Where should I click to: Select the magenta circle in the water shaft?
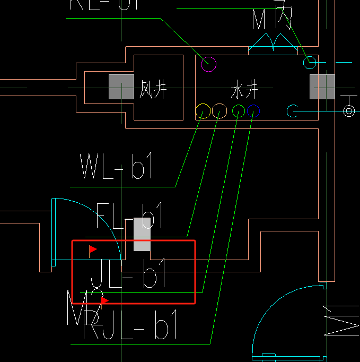pos(209,64)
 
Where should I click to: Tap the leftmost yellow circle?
pos(203,111)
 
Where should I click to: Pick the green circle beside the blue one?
pos(239,111)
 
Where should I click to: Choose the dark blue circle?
pos(253,111)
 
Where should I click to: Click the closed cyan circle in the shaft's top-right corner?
pos(309,63)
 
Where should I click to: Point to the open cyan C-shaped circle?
pos(293,111)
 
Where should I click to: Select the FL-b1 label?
pos(129,217)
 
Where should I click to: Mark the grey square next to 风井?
pos(121,87)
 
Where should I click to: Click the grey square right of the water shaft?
pos(322,87)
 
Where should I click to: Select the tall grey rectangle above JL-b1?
pos(142,234)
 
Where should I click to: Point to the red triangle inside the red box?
pos(93,248)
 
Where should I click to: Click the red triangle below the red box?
pos(104,300)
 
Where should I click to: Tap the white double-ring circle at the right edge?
pos(349,110)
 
